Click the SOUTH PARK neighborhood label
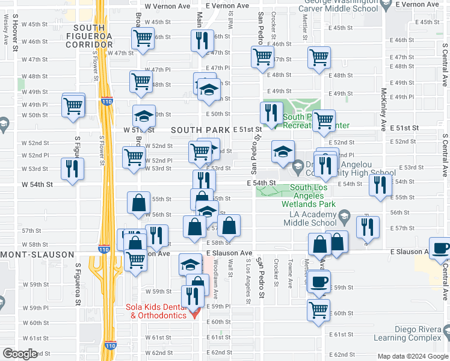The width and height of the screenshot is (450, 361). [200, 130]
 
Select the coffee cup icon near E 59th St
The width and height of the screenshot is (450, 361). [319, 280]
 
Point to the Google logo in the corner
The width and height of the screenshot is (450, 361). [20, 354]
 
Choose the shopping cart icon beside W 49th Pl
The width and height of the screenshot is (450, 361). [73, 105]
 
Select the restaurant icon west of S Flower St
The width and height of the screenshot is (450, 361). [72, 168]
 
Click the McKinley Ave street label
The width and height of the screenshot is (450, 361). [383, 110]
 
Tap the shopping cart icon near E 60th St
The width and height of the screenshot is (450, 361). [319, 309]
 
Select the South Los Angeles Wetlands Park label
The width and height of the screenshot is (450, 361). [304, 196]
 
